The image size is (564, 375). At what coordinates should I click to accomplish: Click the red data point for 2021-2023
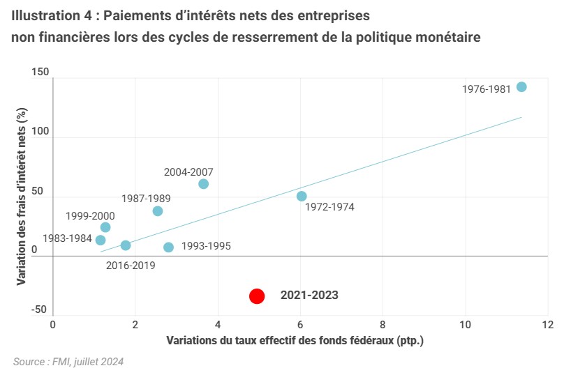tap(257, 296)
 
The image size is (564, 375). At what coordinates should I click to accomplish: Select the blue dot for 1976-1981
tap(521, 87)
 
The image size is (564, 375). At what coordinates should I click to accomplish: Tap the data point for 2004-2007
tap(203, 184)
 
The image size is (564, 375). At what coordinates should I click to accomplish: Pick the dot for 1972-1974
tap(302, 197)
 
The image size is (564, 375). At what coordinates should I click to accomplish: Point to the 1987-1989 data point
tap(158, 211)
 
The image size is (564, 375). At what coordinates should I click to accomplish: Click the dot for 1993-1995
tap(168, 247)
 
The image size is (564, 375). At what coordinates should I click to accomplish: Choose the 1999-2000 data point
tap(105, 227)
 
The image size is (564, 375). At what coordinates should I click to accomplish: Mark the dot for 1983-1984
tap(101, 240)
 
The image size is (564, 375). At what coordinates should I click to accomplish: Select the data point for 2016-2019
tap(126, 245)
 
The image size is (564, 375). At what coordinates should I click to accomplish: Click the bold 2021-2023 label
tap(309, 296)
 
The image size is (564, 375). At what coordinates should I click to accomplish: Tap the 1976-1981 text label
tap(486, 89)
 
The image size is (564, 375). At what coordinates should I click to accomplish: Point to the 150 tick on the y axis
tap(39, 72)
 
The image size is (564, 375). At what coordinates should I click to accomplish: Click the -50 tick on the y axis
tap(39, 309)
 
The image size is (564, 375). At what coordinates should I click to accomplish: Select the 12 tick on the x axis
tap(547, 325)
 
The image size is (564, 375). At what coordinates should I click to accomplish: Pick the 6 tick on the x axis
tap(300, 325)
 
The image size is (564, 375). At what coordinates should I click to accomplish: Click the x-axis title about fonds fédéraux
tap(295, 341)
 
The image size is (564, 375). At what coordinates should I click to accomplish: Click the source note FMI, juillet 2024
tap(68, 362)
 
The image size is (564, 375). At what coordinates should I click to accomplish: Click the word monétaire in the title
tap(444, 38)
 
